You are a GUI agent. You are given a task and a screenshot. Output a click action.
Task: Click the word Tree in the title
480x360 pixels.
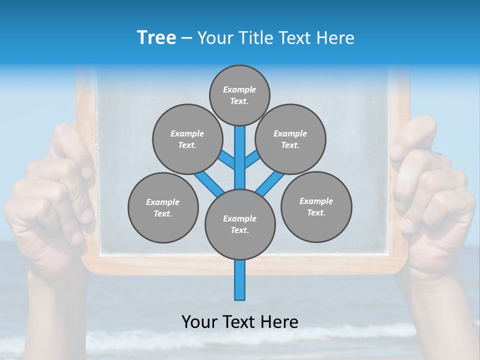(156, 38)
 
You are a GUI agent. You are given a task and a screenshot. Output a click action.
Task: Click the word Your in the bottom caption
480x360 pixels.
(200, 322)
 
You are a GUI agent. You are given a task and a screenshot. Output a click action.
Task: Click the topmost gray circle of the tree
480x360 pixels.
(239, 95)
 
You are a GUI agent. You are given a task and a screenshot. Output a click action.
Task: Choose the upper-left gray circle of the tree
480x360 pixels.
(187, 139)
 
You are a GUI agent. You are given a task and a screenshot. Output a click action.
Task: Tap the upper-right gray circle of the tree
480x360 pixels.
(290, 139)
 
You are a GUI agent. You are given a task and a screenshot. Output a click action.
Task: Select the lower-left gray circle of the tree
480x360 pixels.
(163, 207)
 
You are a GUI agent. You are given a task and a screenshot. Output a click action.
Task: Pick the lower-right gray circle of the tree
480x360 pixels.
(316, 206)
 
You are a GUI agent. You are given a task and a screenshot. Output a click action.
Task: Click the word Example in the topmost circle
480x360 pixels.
(239, 89)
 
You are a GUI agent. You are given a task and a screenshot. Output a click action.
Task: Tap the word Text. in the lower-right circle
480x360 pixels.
(316, 212)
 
